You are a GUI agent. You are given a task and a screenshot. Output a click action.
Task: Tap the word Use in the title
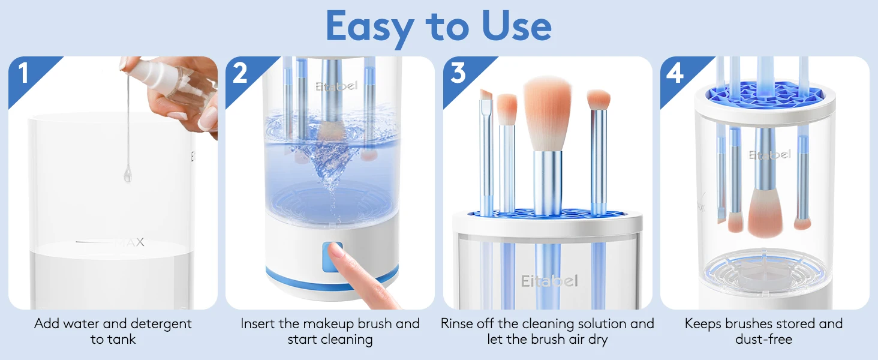(516, 26)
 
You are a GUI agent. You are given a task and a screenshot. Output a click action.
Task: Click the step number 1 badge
(23, 73)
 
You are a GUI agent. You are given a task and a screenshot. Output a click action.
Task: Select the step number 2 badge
(240, 73)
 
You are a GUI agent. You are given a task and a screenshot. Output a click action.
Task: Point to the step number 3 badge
(458, 73)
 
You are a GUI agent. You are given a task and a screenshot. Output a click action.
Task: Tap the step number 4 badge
(675, 73)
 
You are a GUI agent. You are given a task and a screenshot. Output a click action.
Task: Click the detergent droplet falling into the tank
(128, 175)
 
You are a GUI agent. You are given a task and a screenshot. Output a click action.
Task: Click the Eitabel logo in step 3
(549, 281)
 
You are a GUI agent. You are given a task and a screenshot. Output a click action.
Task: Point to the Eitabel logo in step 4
(770, 155)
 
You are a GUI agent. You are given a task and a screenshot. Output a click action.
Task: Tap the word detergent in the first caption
(161, 325)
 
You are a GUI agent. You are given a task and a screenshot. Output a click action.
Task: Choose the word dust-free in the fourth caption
(763, 339)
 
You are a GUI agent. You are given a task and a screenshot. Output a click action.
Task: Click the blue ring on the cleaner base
(332, 279)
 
